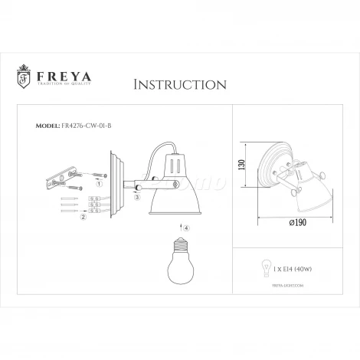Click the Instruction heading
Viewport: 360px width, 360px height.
[179, 83]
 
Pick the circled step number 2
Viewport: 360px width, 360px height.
[82, 217]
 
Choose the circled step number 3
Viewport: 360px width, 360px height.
[136, 197]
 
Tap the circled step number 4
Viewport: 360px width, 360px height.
[185, 227]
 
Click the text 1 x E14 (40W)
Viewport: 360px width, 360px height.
[287, 270]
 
